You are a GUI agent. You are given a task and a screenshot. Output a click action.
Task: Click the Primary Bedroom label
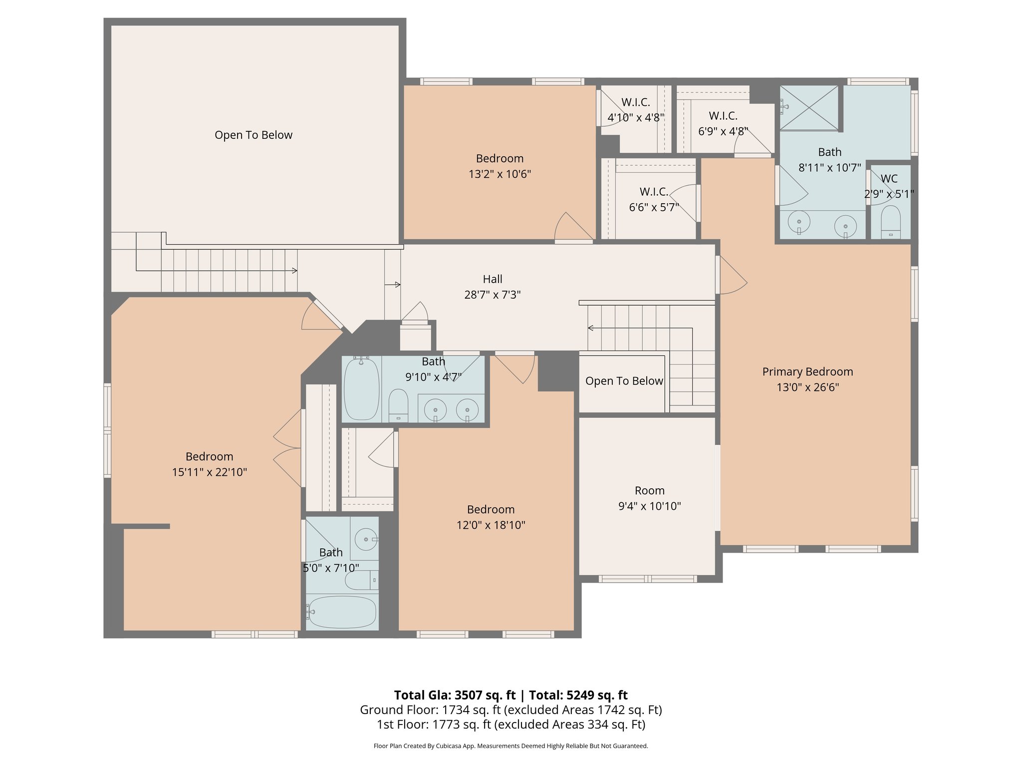807,372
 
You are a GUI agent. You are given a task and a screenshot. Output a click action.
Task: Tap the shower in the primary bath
809,107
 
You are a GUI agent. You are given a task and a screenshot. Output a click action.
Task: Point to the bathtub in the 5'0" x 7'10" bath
342,612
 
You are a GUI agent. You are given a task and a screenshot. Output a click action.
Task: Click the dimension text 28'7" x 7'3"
492,295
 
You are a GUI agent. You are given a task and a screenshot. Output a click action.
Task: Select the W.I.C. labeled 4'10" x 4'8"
635,110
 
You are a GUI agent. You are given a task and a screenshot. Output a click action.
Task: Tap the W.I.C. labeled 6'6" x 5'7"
654,199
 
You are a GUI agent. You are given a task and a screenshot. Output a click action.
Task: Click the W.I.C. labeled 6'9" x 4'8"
723,123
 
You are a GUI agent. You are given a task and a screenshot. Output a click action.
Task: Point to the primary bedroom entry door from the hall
731,276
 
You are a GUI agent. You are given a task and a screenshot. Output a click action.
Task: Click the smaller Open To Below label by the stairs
624,381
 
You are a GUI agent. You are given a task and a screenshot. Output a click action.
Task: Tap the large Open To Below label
253,135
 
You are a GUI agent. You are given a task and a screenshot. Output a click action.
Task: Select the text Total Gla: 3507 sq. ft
454,695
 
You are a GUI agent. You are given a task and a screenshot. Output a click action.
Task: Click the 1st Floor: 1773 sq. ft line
511,725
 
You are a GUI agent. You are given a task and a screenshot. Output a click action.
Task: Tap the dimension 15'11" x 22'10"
209,472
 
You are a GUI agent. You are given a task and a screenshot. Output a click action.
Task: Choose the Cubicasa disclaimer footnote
511,746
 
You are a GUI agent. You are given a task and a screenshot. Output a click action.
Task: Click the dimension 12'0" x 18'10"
491,525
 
